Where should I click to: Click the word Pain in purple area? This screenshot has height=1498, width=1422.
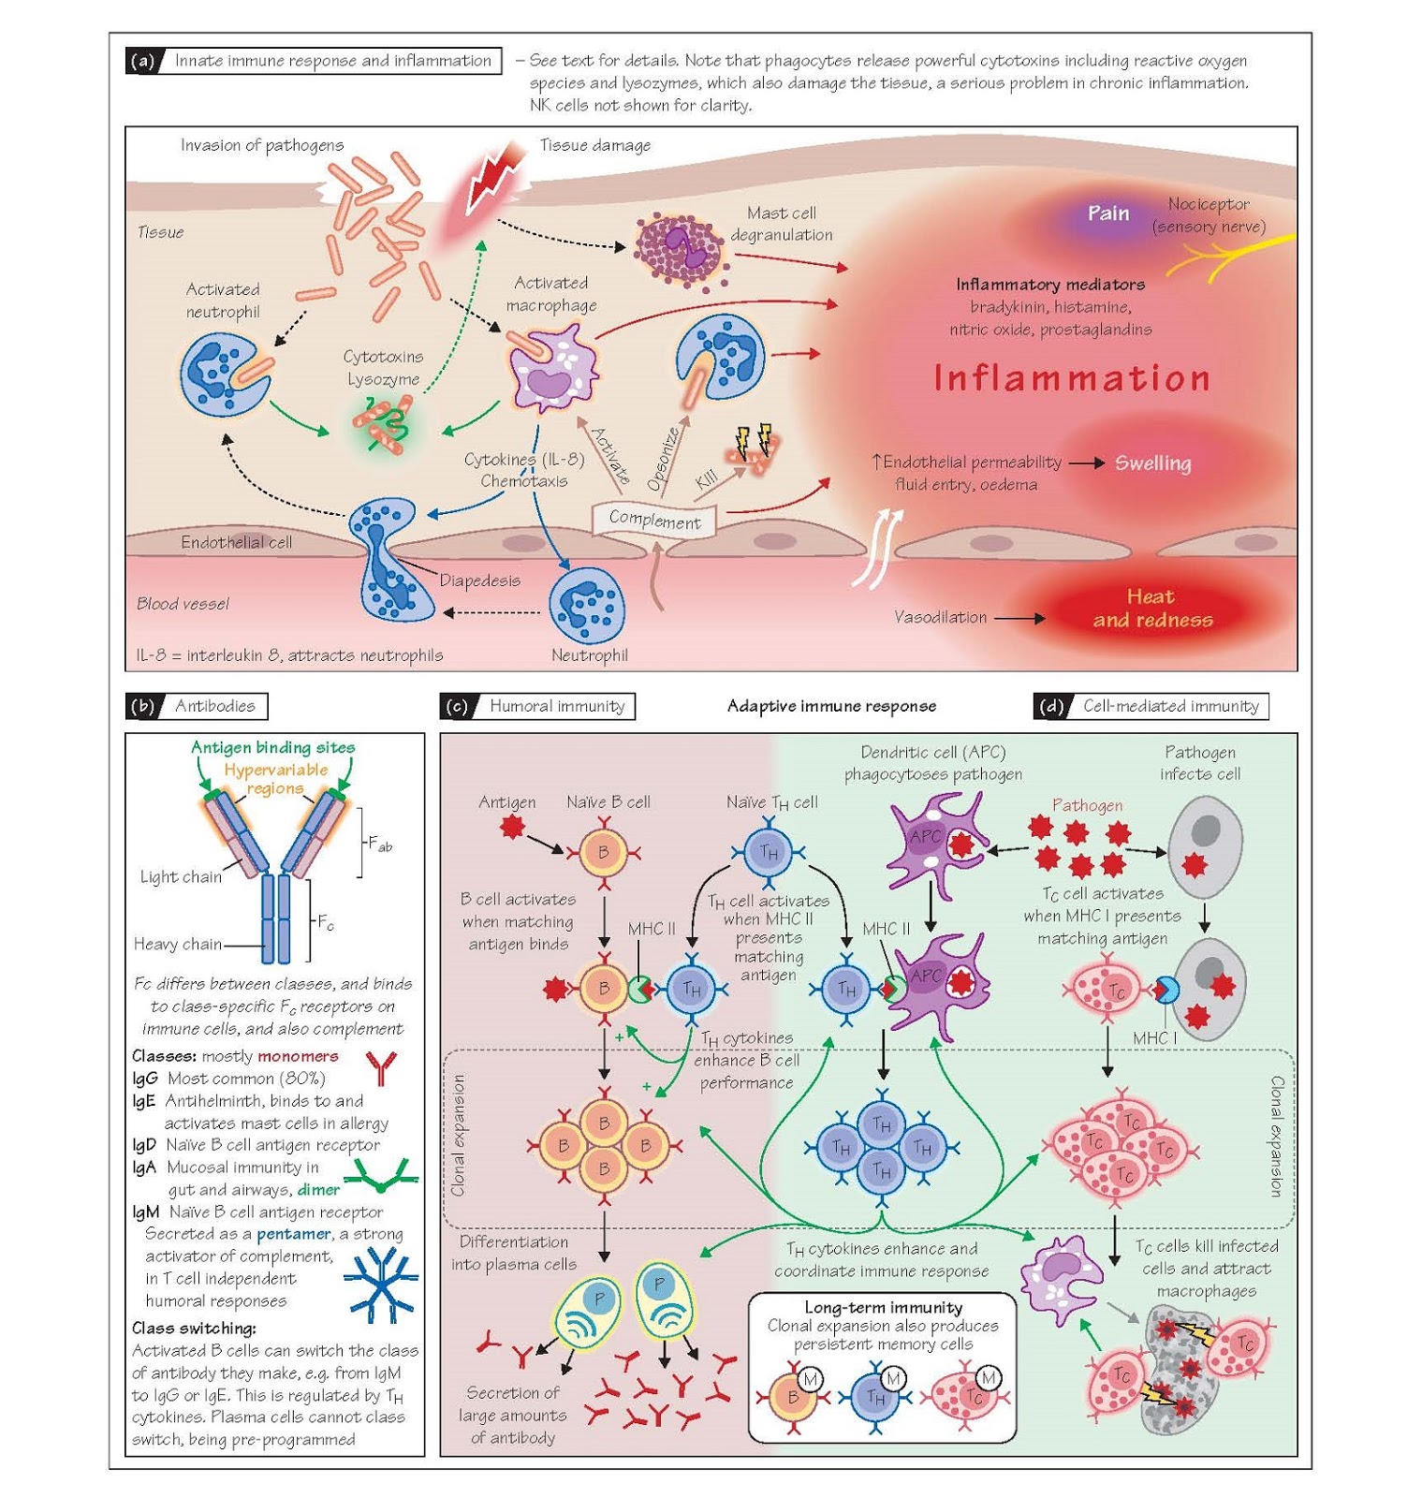1107,213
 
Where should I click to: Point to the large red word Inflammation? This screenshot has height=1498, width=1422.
1072,378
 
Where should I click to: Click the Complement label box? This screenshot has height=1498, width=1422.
654,520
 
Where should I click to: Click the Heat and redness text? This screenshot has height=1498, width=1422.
1151,609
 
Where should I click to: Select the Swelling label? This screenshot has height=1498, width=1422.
1152,463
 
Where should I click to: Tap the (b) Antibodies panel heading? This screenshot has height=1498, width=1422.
197,706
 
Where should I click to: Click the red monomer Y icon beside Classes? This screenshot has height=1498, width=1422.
380,1067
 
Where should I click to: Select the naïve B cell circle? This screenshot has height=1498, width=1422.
603,852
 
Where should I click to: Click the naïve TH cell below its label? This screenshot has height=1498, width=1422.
769,852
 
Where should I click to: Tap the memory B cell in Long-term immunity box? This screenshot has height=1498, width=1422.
792,1397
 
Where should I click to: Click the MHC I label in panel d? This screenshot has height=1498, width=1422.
1154,1038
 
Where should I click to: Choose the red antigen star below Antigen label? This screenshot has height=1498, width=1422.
511,828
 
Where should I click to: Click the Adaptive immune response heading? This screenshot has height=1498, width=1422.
831,706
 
